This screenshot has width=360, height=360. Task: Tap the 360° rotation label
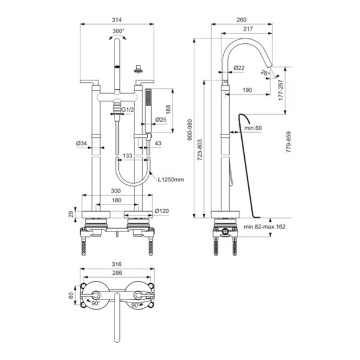pos(118,31)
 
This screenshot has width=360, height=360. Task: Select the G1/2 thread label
pos(127,110)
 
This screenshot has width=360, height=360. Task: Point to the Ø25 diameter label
pos(161,120)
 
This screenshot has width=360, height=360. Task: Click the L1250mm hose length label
pos(170,178)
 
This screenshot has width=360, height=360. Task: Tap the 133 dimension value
pos(127,156)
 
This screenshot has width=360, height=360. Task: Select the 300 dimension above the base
pos(118,190)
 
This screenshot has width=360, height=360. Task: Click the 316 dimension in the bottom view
pos(118,263)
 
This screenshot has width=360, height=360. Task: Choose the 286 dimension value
pos(118,272)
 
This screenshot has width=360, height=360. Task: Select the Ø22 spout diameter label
pos(238,67)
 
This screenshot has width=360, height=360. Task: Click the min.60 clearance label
pos(254,128)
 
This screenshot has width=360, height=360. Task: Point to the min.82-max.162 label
pos(264,227)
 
